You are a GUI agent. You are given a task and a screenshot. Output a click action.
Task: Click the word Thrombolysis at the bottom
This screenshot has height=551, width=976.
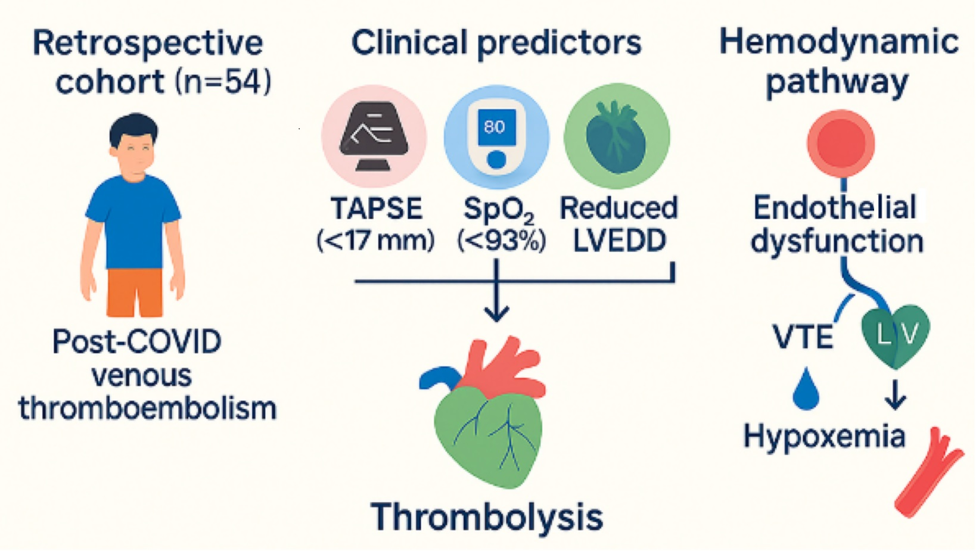[x=487, y=518]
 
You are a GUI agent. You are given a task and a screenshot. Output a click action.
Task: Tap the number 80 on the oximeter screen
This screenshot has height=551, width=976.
[x=495, y=127]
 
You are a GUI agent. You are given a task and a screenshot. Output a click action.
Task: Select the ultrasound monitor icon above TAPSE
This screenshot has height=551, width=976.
[x=374, y=135]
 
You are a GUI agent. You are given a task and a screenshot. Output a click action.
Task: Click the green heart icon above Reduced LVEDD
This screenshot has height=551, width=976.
[x=617, y=136]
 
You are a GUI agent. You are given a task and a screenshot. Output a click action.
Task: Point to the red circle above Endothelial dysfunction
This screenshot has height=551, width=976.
[x=841, y=144]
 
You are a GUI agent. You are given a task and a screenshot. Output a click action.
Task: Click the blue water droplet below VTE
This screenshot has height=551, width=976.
[x=806, y=389]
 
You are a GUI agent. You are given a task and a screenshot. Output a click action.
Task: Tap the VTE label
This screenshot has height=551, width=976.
[x=803, y=337]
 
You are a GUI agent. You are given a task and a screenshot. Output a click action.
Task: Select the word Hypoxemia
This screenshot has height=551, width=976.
[x=825, y=437]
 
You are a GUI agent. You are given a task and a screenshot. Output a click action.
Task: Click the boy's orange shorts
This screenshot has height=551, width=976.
[x=135, y=292]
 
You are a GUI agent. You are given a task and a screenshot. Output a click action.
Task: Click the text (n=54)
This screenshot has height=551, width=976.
[x=223, y=81]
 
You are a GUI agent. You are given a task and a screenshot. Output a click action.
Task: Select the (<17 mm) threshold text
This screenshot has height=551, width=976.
[x=375, y=241]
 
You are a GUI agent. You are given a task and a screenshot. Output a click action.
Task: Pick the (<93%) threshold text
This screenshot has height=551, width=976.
[x=502, y=241]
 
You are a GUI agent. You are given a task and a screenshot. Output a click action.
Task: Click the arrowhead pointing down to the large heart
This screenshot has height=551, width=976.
[x=497, y=313]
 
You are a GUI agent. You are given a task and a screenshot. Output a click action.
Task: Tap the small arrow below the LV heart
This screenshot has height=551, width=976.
[x=896, y=395]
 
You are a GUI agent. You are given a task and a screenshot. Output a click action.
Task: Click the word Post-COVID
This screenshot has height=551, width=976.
[x=137, y=341]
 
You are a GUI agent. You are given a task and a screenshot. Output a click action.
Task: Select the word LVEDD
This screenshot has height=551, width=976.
[x=620, y=241]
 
